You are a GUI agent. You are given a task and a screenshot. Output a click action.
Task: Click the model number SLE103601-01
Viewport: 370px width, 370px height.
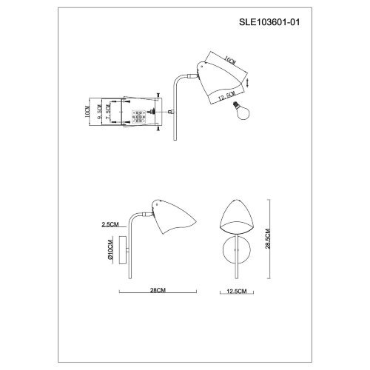[x=277, y=24]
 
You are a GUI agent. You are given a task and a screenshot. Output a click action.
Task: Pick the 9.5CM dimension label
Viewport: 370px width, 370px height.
[x=97, y=112]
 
